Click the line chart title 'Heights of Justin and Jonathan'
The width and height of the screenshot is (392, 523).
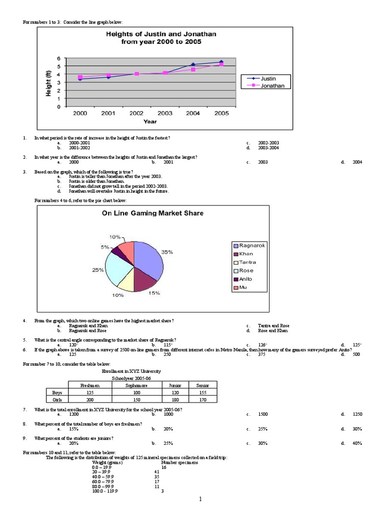[161, 34]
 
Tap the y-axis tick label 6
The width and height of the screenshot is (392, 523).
[59, 58]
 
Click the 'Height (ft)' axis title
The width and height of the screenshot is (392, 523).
[48, 82]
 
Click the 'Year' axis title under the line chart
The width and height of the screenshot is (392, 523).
[150, 122]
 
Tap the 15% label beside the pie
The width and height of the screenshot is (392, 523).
[154, 293]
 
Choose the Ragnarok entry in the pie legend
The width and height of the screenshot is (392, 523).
[252, 246]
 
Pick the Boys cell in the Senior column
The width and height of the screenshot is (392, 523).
[203, 392]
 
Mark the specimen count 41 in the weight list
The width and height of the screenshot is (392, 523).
[157, 472]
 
